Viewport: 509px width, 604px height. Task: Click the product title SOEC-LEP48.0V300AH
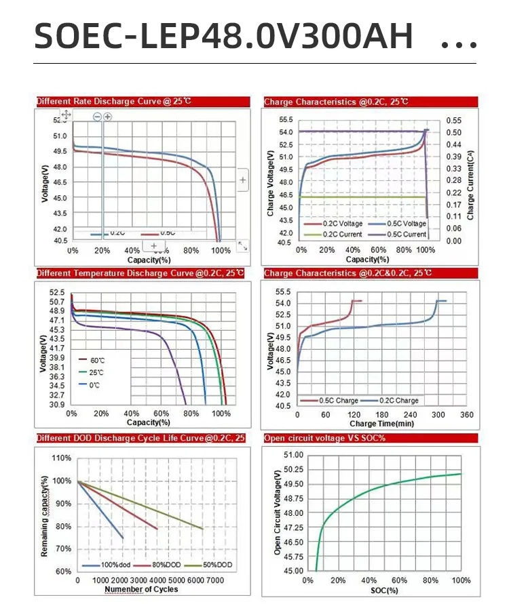pos(223,36)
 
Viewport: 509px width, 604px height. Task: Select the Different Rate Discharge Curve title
pos(114,102)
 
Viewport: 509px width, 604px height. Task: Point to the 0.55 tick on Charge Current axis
pos(454,120)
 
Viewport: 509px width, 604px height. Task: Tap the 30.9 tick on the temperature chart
pos(57,405)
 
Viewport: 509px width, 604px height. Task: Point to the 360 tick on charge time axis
pos(467,414)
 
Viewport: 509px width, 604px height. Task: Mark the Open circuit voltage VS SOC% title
pos(325,439)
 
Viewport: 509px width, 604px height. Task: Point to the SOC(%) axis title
pos(384,591)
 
